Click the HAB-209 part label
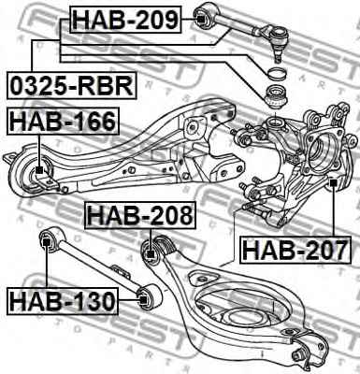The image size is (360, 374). click(x=126, y=20)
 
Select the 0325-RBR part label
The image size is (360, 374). click(x=72, y=85)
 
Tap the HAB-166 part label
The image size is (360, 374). click(x=63, y=122)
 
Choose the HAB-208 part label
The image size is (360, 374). click(x=140, y=216)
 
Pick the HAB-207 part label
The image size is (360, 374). click(x=295, y=250)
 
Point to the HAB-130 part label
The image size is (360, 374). click(x=63, y=301)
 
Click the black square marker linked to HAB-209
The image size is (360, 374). click(x=201, y=20)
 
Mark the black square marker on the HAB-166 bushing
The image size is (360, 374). click(x=39, y=170)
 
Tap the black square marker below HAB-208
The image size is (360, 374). click(x=151, y=254)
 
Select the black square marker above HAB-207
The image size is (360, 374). click(x=333, y=181)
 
